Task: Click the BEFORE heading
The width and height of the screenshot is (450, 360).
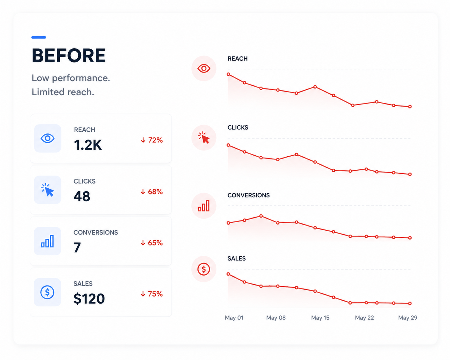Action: click(69, 56)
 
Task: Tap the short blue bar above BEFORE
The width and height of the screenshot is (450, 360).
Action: click(39, 38)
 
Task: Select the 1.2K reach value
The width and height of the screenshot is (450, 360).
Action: click(88, 145)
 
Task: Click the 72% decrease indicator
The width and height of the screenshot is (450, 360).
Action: click(152, 140)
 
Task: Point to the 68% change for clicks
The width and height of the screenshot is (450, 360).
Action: click(152, 192)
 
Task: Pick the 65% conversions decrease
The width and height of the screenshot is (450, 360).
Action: click(152, 243)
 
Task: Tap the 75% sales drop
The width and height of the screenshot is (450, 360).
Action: click(152, 294)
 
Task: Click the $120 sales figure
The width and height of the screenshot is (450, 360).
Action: click(89, 298)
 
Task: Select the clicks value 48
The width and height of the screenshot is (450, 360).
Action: click(82, 196)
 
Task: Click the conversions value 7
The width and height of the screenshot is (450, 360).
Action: click(77, 247)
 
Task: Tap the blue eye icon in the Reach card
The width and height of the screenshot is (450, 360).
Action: click(48, 138)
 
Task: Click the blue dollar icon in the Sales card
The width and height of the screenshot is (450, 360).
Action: click(47, 292)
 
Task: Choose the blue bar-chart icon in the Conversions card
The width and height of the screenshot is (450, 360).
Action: click(47, 241)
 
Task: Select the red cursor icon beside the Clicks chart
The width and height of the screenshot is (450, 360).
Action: click(204, 138)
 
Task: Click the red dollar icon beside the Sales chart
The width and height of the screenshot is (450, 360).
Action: click(204, 269)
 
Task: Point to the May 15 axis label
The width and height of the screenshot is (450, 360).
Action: click(320, 318)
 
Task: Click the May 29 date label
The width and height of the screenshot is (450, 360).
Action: click(408, 318)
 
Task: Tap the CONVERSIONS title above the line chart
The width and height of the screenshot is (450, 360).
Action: click(248, 195)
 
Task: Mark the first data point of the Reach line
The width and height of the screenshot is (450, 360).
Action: click(228, 74)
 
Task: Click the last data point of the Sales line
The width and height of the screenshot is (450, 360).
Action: click(410, 303)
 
